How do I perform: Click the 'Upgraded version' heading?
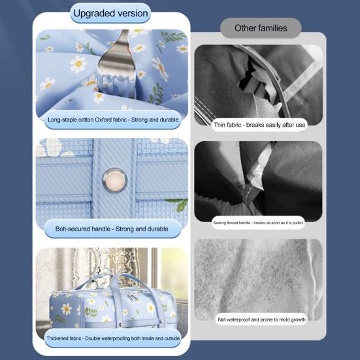click(110, 13)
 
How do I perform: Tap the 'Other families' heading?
click(261, 28)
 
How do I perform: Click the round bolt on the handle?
click(114, 180)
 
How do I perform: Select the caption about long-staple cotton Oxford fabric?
click(113, 120)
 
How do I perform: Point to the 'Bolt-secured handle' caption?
click(112, 229)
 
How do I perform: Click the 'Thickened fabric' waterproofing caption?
click(113, 338)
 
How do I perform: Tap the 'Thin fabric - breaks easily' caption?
click(259, 125)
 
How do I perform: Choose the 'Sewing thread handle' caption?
click(258, 223)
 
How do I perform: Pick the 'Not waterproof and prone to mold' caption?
click(262, 319)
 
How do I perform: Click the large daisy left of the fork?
click(78, 64)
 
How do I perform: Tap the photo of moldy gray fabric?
click(258, 279)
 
